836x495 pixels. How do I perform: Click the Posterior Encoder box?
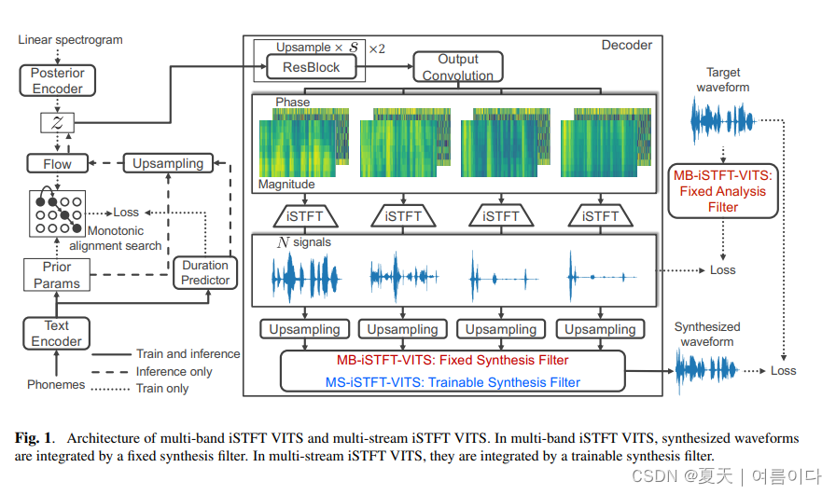pyautogui.click(x=57, y=80)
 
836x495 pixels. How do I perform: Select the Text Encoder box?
pyautogui.click(x=57, y=333)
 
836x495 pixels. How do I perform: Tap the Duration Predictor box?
pyautogui.click(x=205, y=273)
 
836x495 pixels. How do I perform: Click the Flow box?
pyautogui.click(x=57, y=163)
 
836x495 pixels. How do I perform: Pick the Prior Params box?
pyautogui.click(x=57, y=275)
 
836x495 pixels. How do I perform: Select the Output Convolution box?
pyautogui.click(x=458, y=67)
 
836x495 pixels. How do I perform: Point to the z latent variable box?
pyautogui.click(x=57, y=122)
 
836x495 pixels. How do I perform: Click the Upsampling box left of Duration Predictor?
pyautogui.click(x=168, y=163)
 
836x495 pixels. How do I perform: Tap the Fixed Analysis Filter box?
pyautogui.click(x=723, y=191)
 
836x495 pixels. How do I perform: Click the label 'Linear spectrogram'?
pyautogui.click(x=70, y=40)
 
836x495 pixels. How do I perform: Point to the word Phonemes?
pyautogui.click(x=56, y=385)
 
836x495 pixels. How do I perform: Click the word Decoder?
pyautogui.click(x=627, y=45)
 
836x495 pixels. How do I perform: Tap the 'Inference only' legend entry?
pyautogui.click(x=174, y=371)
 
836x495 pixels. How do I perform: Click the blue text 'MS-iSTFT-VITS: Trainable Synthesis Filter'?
pyautogui.click(x=453, y=381)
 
